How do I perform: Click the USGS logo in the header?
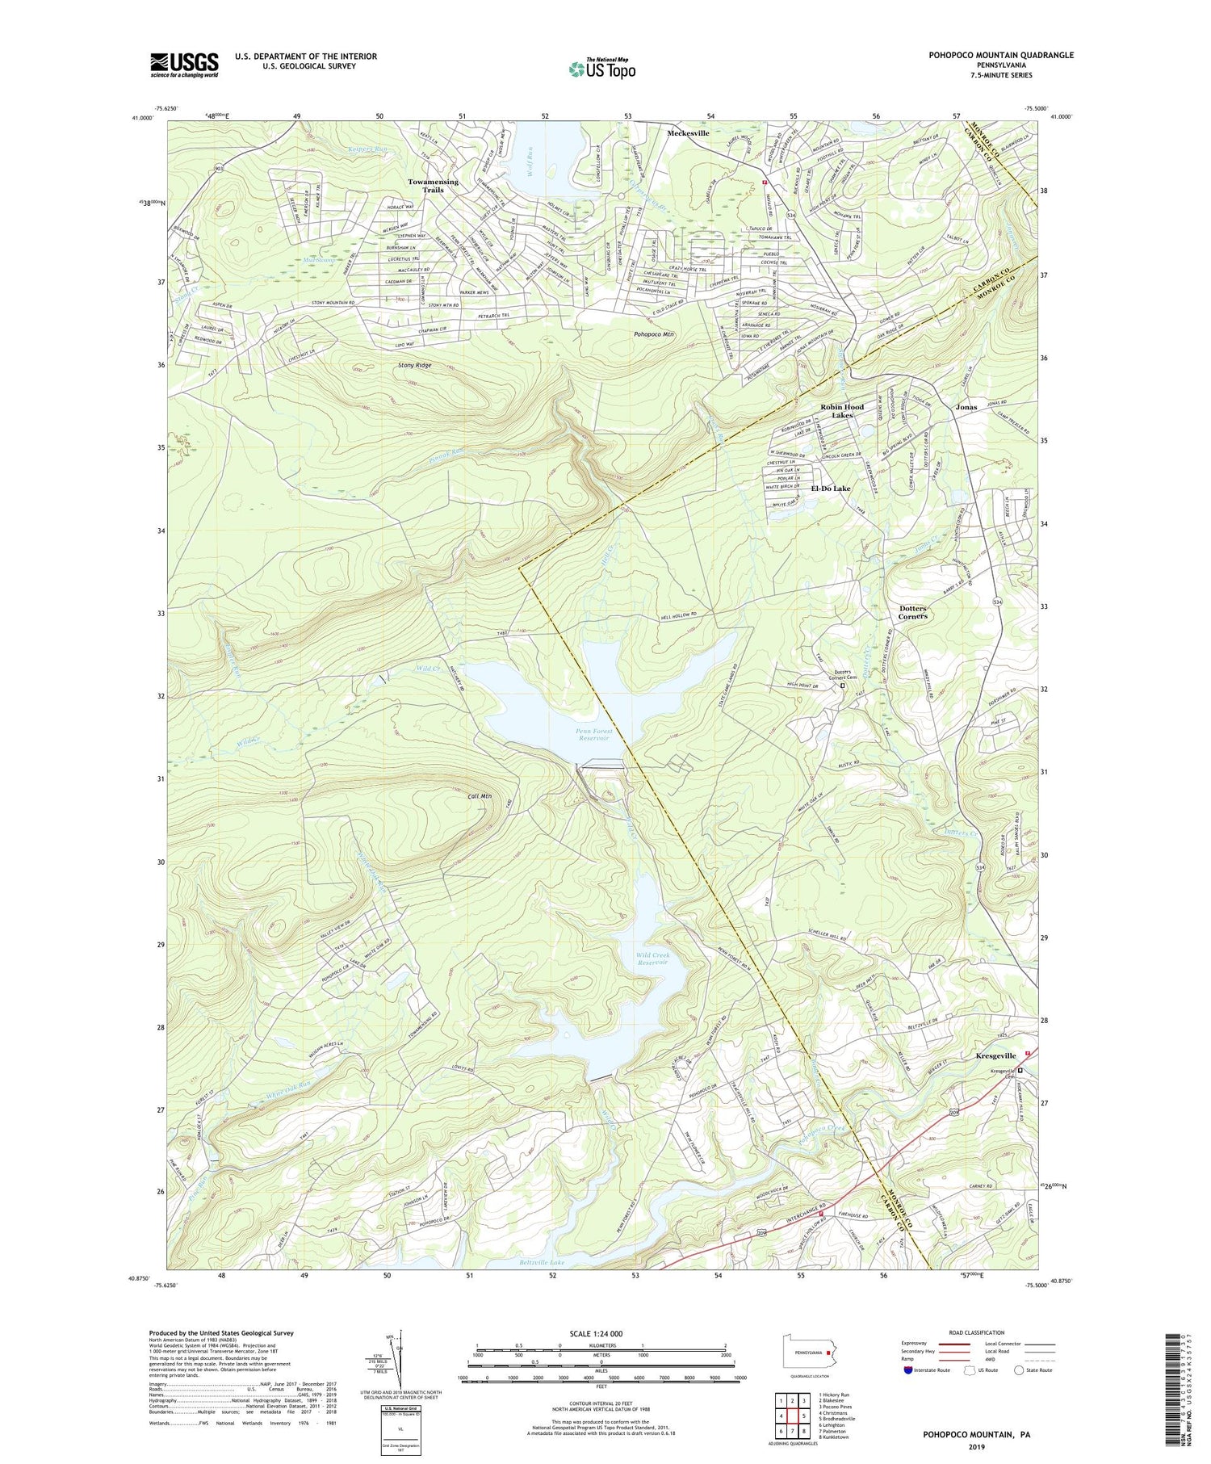(184, 65)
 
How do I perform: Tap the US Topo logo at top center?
(601, 69)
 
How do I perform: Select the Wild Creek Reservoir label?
(652, 959)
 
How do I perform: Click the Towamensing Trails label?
(433, 186)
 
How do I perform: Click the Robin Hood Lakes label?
(842, 411)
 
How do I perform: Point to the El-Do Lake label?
(831, 489)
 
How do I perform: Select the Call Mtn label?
(480, 796)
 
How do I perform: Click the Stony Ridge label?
(414, 366)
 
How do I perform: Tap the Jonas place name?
(966, 407)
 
